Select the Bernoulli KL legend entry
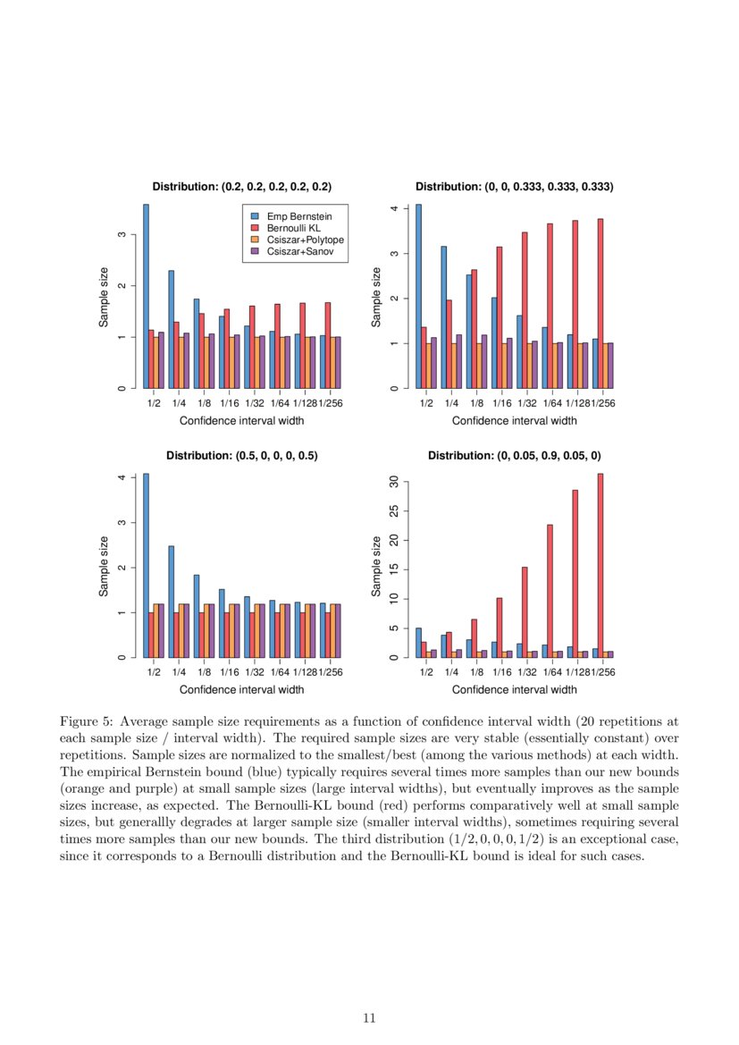[x=290, y=228]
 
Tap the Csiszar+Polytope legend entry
[x=298, y=240]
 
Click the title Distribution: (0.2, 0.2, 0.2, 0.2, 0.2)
[x=241, y=187]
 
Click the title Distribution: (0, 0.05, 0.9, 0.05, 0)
[x=514, y=455]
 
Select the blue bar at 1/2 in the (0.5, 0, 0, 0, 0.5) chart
[x=146, y=566]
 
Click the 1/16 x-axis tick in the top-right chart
[x=501, y=403]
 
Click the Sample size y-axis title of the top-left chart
[x=104, y=297]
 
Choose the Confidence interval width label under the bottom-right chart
[x=514, y=689]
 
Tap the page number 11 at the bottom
[x=369, y=1017]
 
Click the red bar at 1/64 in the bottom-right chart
[x=550, y=591]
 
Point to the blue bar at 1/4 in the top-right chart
[x=443, y=317]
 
